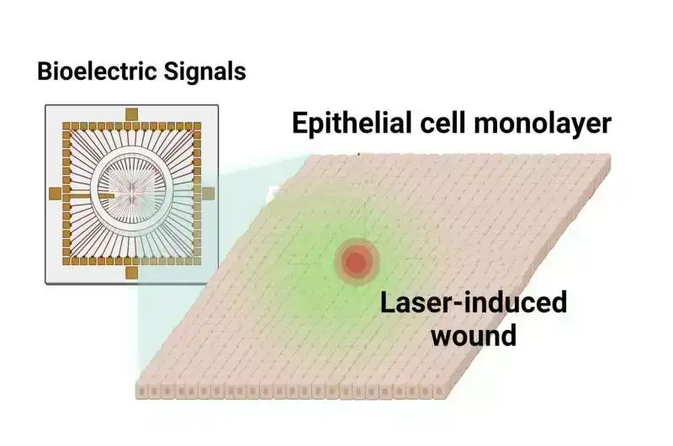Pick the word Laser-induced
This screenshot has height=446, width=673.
(474, 302)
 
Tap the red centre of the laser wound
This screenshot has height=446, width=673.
(356, 263)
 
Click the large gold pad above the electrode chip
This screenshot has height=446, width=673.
(131, 114)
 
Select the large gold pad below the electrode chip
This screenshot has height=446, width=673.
(131, 272)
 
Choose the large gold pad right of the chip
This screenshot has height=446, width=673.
(209, 194)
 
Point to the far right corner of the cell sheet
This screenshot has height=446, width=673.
(609, 157)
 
